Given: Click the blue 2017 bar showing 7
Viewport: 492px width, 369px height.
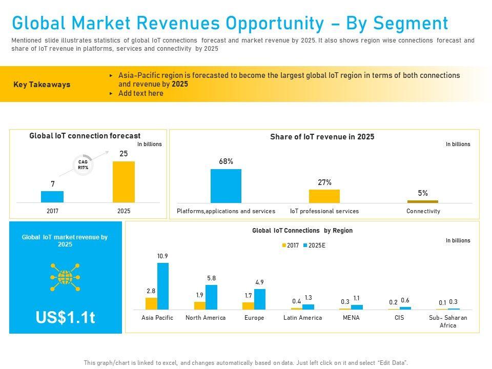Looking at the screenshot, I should pyautogui.click(x=52, y=197).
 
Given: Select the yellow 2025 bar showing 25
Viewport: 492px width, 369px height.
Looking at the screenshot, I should pyautogui.click(x=124, y=182).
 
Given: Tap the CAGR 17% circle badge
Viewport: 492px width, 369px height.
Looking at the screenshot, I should pyautogui.click(x=83, y=165).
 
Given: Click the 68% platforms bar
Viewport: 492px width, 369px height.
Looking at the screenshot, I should pyautogui.click(x=225, y=186).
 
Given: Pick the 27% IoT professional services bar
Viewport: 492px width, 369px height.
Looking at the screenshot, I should pyautogui.click(x=324, y=196).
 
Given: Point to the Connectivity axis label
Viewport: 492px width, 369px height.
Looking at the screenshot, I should pyautogui.click(x=423, y=211).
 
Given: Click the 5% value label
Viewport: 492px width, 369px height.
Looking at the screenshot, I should pyautogui.click(x=423, y=193).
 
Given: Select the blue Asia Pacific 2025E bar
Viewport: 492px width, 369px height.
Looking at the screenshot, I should pyautogui.click(x=162, y=286).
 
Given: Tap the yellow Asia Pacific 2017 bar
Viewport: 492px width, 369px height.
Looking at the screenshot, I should pyautogui.click(x=151, y=303).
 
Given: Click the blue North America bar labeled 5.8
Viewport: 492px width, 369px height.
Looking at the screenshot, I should pyautogui.click(x=211, y=297).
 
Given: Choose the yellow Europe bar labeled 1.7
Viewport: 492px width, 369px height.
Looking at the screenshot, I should pyautogui.click(x=248, y=305).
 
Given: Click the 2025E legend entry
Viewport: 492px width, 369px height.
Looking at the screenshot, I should pyautogui.click(x=314, y=245).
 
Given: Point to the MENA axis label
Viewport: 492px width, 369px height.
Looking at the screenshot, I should pyautogui.click(x=351, y=318).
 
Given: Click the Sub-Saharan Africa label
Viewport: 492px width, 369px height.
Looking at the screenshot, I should pyautogui.click(x=448, y=321).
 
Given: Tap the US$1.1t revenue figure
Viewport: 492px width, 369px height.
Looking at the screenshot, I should pyautogui.click(x=65, y=318).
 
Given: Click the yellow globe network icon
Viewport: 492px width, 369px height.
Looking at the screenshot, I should pyautogui.click(x=65, y=277).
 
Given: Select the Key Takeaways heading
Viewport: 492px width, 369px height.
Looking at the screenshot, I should pyautogui.click(x=42, y=85).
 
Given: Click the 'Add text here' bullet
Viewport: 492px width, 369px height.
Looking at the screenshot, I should pyautogui.click(x=140, y=93).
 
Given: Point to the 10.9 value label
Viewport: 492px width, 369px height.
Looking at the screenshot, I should pyautogui.click(x=162, y=256).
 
